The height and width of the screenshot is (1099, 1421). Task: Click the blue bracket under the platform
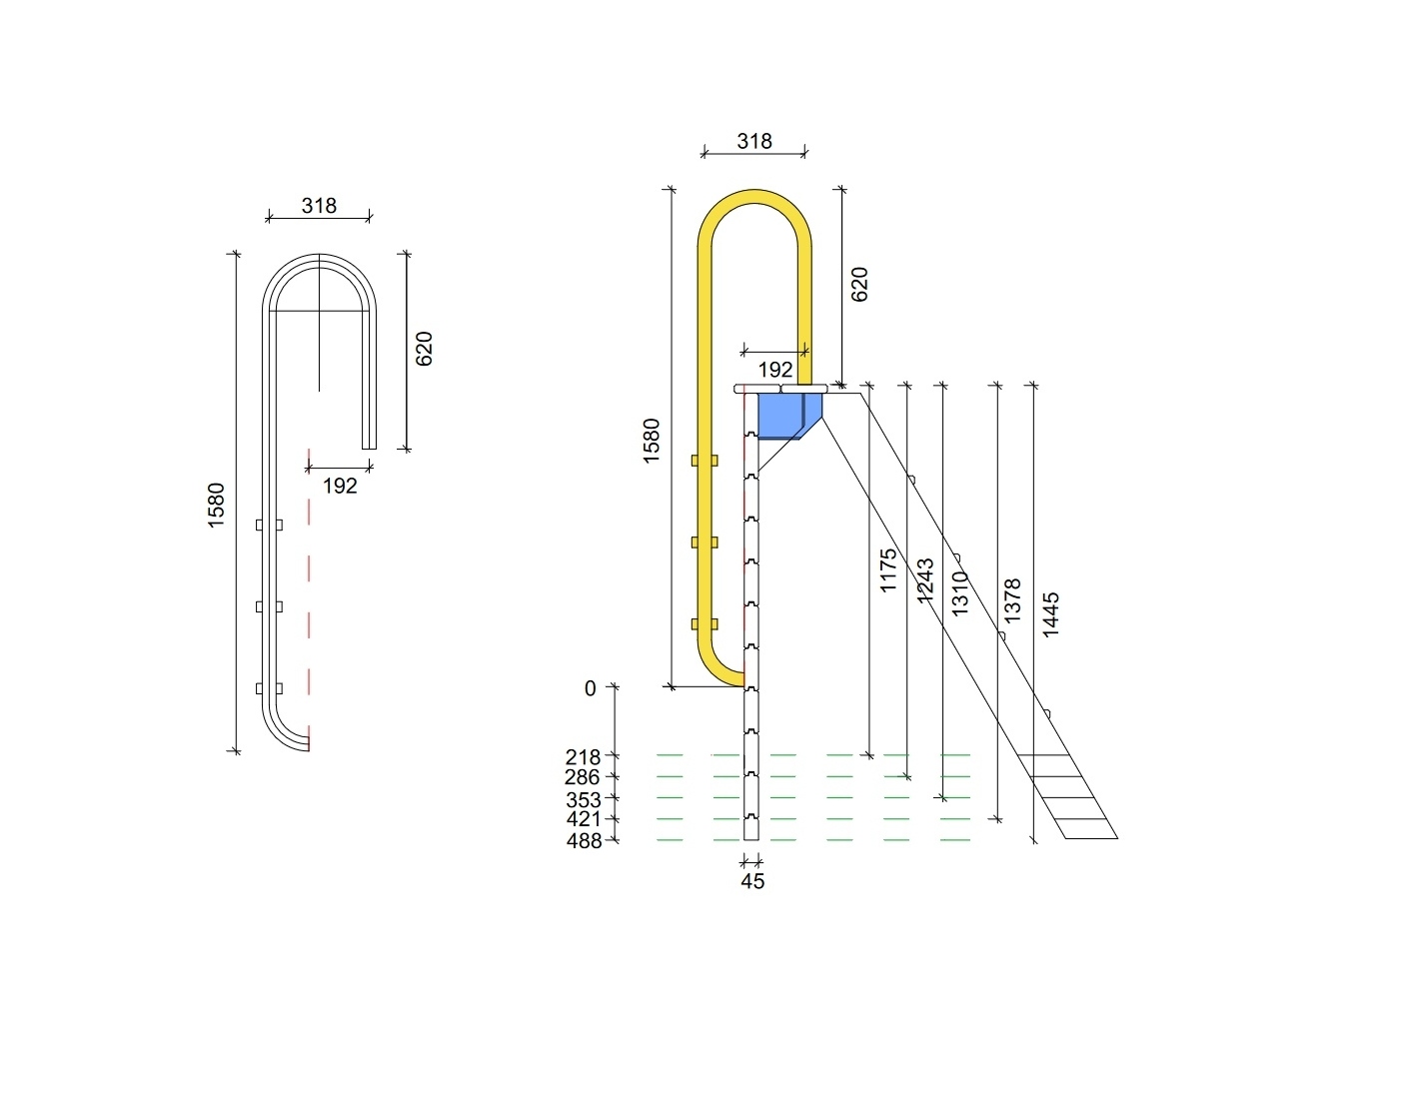787,416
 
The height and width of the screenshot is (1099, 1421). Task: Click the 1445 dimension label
1049,614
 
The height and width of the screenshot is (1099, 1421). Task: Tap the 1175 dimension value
887,570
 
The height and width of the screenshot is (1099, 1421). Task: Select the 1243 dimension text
924,579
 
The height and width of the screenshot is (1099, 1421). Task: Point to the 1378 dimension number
1011,600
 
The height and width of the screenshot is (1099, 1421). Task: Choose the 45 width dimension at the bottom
752,881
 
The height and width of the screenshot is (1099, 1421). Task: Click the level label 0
590,688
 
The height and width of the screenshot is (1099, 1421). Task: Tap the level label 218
583,757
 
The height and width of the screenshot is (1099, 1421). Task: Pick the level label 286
582,777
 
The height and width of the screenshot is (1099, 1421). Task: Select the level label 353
584,799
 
